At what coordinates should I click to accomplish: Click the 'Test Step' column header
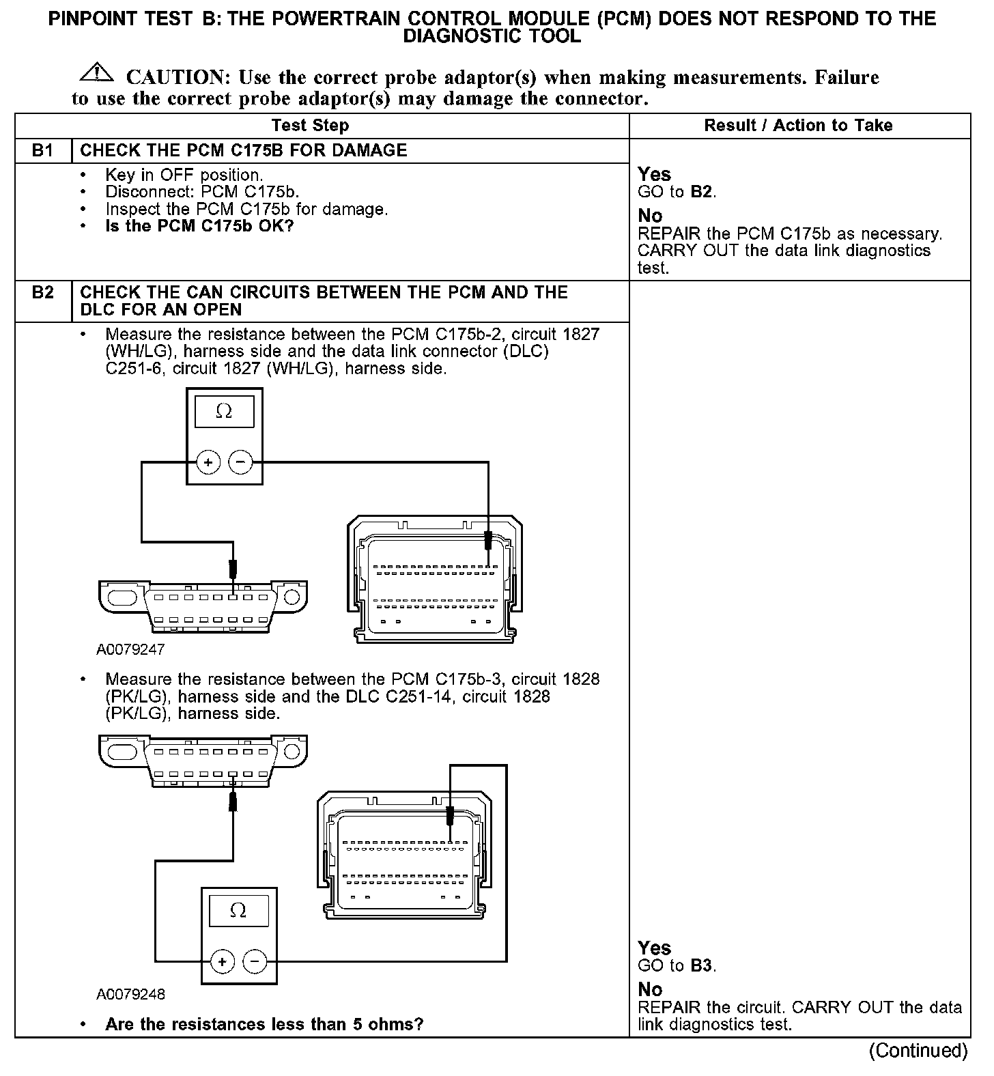310,126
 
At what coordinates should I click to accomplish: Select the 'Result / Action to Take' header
798,126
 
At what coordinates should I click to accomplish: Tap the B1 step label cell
43,150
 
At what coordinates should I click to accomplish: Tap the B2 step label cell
43,293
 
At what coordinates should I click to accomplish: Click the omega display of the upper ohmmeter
224,412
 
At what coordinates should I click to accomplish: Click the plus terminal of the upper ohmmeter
208,462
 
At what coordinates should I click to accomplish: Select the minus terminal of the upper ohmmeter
240,462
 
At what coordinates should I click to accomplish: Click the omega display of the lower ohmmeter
238,911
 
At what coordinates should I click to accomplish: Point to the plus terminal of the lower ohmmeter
223,961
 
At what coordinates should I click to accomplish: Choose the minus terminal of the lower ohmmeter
255,961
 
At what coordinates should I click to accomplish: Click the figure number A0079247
130,649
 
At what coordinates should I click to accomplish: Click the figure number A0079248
130,994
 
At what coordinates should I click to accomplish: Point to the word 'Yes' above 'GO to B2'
654,175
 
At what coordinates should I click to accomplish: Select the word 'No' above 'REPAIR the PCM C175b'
650,216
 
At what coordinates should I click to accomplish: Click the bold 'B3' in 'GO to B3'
701,966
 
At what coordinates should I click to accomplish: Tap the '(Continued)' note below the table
918,1050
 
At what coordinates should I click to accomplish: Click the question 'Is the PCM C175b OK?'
199,226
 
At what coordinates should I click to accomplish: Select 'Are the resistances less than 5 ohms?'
264,1024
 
